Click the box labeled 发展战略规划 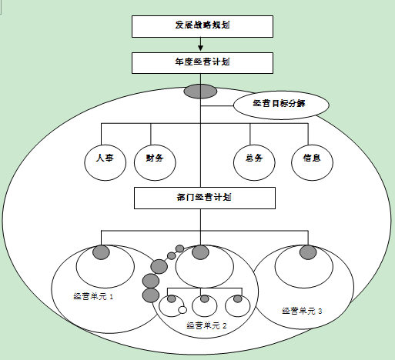203,26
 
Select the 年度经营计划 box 203,63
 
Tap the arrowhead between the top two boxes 200,48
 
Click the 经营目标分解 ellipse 281,105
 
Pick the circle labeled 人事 105,162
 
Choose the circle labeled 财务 155,162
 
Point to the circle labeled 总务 254,162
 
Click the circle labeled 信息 312,162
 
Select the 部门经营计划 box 205,198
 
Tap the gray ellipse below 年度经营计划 200,92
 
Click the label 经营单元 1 93,297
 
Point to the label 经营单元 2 206,326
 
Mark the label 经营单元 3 302,311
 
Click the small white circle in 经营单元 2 182,310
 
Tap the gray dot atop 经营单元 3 308,252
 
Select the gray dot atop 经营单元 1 101,252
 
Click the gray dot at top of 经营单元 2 200,252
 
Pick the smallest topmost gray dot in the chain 179,248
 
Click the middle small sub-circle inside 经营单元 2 205,305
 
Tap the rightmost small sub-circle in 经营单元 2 238,305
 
